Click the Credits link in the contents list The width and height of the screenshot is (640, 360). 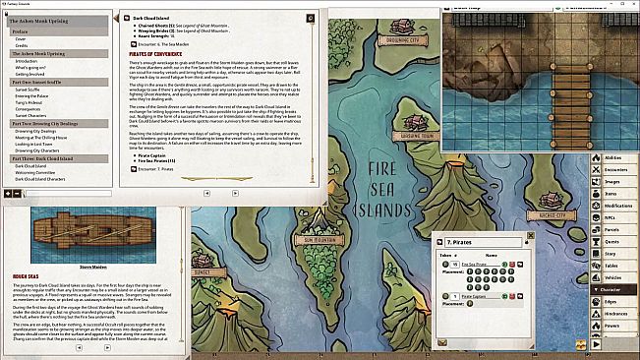pyautogui.click(x=21, y=45)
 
